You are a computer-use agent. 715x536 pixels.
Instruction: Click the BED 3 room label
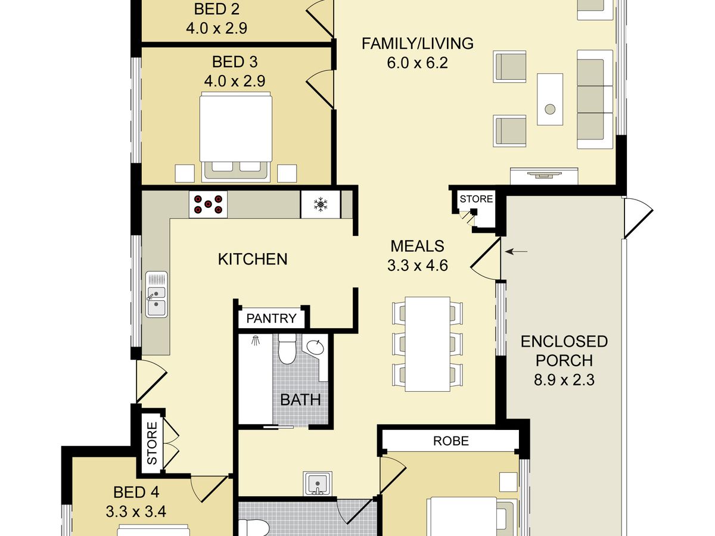pyautogui.click(x=235, y=62)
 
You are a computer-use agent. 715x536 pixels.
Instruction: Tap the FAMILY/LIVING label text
pyautogui.click(x=418, y=43)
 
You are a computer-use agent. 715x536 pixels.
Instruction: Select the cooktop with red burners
pyautogui.click(x=208, y=204)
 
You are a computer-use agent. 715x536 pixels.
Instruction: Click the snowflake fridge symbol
pyautogui.click(x=320, y=204)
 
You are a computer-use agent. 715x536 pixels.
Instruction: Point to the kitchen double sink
pyautogui.click(x=157, y=294)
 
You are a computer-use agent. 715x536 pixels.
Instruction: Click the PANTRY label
pyautogui.click(x=271, y=318)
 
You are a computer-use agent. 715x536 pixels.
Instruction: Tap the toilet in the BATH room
pyautogui.click(x=287, y=348)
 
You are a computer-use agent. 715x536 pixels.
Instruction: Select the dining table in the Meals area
pyautogui.click(x=427, y=344)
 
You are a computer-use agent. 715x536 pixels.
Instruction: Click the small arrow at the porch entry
pyautogui.click(x=516, y=251)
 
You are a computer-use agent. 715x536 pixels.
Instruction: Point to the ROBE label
pyautogui.click(x=451, y=441)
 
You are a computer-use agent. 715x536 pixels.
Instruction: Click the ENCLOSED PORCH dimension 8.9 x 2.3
pyautogui.click(x=564, y=380)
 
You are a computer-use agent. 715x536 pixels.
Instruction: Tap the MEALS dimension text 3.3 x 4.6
pyautogui.click(x=418, y=265)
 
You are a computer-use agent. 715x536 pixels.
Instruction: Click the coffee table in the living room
pyautogui.click(x=550, y=99)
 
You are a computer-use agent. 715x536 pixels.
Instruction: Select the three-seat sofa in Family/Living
pyautogui.click(x=595, y=99)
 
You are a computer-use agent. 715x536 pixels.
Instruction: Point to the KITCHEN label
pyautogui.click(x=253, y=260)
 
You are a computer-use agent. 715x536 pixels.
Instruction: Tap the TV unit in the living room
pyautogui.click(x=544, y=176)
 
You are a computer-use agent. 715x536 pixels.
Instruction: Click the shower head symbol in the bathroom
pyautogui.click(x=256, y=341)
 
